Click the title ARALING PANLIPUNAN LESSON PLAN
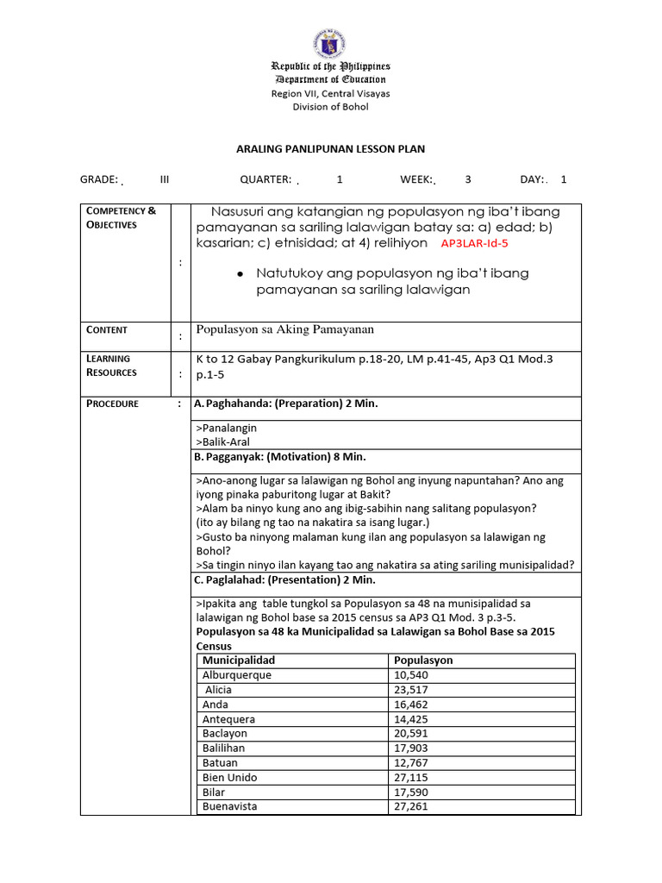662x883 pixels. [330, 149]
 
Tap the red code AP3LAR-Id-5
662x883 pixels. [475, 244]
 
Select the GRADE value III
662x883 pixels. [165, 179]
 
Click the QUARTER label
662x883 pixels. [265, 179]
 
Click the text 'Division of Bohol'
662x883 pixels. [330, 107]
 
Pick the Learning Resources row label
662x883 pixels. [111, 366]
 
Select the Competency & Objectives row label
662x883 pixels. [120, 217]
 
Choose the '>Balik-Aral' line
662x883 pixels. [223, 441]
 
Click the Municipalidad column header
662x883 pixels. [239, 661]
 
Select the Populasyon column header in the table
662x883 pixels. [423, 661]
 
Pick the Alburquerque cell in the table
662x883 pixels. [237, 675]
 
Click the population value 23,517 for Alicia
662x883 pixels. [411, 690]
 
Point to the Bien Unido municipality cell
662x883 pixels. [229, 778]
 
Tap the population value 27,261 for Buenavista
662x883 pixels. [411, 807]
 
